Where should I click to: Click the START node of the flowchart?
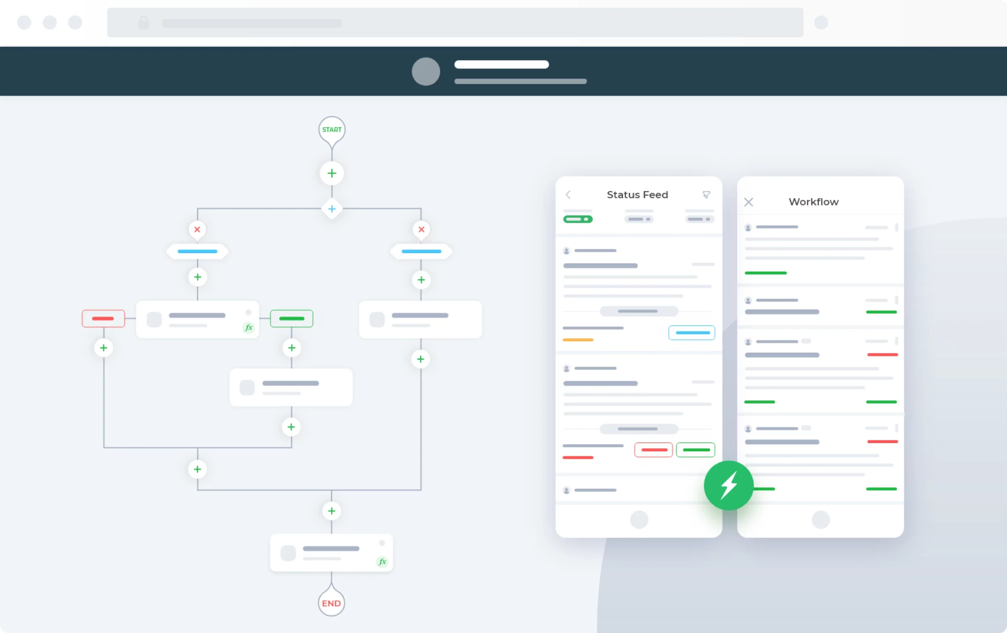click(332, 130)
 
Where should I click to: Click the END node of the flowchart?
click(331, 603)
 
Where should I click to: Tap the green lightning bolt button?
click(729, 486)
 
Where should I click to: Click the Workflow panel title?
click(813, 202)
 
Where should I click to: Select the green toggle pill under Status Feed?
click(577, 219)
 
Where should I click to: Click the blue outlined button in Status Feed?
click(692, 333)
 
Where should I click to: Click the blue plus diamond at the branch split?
click(332, 209)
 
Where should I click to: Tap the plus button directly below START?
click(332, 173)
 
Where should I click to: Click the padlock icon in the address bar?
click(144, 22)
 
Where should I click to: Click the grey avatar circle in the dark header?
click(426, 72)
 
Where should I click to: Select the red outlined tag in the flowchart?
click(103, 318)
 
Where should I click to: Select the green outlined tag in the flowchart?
click(291, 318)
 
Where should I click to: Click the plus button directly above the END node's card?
click(331, 511)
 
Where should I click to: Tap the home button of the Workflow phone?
click(821, 520)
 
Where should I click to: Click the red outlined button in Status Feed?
click(653, 450)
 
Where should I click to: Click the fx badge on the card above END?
click(382, 562)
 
